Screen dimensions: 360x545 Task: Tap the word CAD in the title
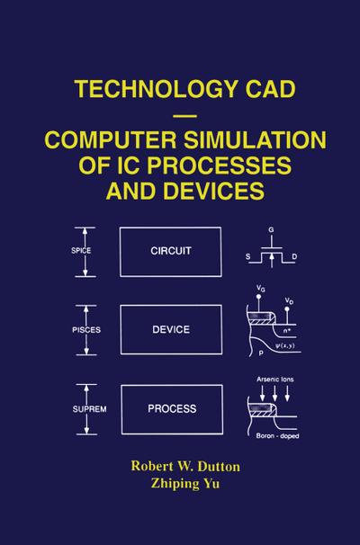click(x=270, y=89)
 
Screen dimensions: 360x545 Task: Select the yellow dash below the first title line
click(x=184, y=115)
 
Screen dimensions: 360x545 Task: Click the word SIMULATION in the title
click(x=255, y=139)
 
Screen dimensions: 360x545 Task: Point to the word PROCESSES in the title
click(x=219, y=165)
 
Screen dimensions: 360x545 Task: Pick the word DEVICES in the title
click(x=214, y=191)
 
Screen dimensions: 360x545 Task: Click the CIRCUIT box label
click(x=171, y=251)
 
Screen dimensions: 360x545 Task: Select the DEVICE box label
click(x=171, y=329)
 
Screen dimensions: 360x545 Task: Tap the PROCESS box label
click(x=172, y=408)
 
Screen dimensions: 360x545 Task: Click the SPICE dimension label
click(x=81, y=251)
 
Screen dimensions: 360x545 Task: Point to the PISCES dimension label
click(x=86, y=330)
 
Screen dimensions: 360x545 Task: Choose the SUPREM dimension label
click(x=89, y=409)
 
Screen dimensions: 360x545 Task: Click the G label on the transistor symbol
click(x=271, y=229)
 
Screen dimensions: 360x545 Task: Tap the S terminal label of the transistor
click(x=247, y=257)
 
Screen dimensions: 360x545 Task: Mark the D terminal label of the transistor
click(x=294, y=257)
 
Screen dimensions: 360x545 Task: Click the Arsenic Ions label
click(x=275, y=380)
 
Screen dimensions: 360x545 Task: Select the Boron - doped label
click(x=277, y=436)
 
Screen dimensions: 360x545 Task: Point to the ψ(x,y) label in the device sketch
click(x=285, y=346)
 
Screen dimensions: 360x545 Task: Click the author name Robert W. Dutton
click(x=185, y=467)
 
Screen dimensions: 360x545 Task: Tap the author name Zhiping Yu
click(x=185, y=484)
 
